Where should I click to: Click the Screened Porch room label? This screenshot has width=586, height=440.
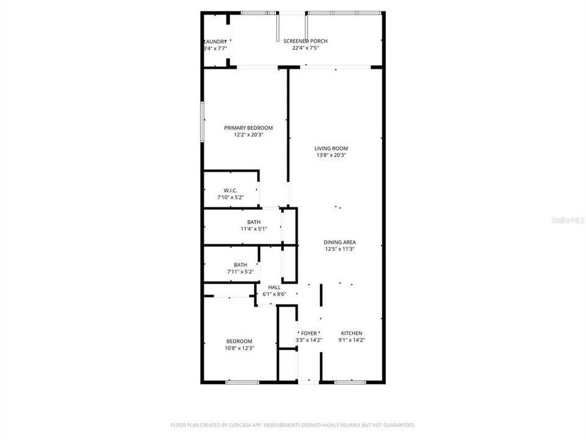tap(305, 41)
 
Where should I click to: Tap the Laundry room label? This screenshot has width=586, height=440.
tap(214, 41)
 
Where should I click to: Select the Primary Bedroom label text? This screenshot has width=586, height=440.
tap(248, 128)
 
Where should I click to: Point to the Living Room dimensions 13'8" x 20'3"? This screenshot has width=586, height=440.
tap(331, 155)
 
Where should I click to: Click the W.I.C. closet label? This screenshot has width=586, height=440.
tap(230, 190)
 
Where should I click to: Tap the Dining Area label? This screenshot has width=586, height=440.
tap(339, 242)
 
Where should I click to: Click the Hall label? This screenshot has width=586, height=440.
tap(274, 287)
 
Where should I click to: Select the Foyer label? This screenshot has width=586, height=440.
tap(309, 333)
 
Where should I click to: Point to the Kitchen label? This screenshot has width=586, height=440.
tap(352, 333)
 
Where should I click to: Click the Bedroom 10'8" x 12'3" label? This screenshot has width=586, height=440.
tap(239, 341)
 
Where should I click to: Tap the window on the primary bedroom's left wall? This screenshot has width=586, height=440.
tap(203, 122)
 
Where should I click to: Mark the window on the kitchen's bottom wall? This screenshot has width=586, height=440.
tap(350, 382)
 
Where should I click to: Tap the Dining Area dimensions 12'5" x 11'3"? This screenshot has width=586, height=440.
tap(339, 249)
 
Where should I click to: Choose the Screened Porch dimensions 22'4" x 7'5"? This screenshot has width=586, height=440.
tap(305, 48)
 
